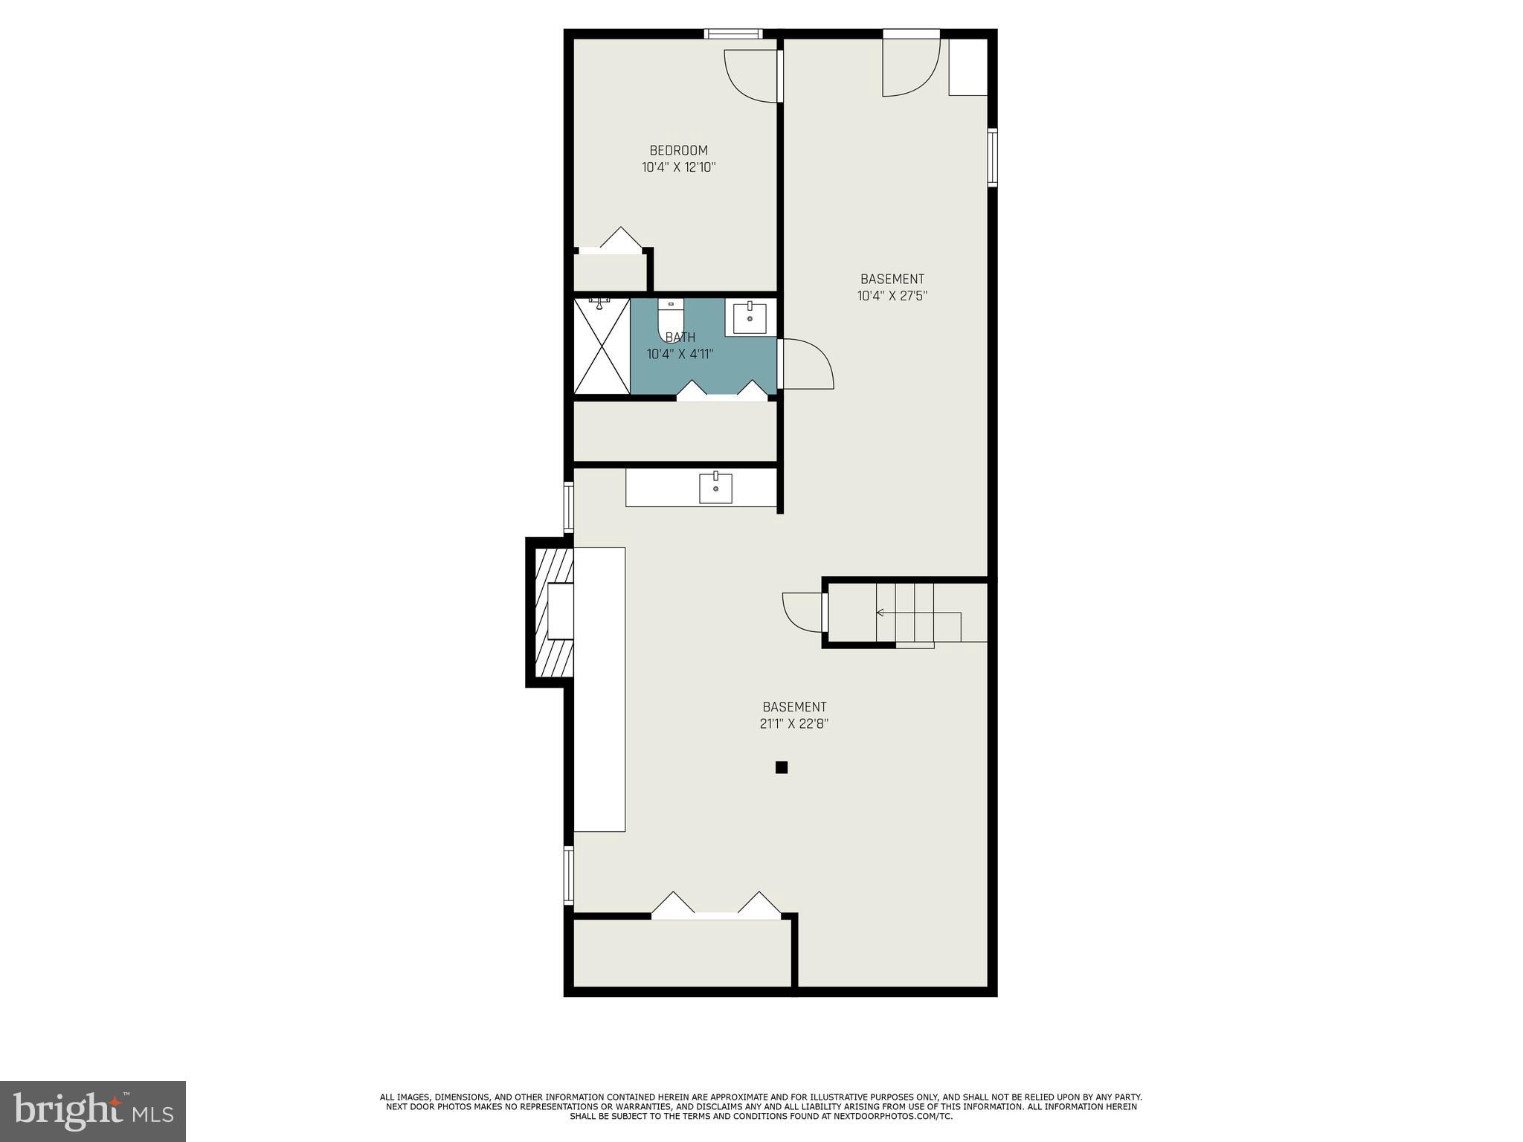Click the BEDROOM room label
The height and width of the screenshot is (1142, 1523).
click(678, 150)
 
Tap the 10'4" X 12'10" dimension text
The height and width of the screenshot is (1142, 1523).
click(678, 167)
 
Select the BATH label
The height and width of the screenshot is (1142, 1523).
click(680, 338)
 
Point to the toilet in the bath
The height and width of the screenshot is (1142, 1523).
click(670, 316)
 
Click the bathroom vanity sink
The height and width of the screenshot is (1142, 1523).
click(750, 319)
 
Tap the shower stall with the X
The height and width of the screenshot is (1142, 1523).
click(602, 346)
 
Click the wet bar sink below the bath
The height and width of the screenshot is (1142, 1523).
click(715, 488)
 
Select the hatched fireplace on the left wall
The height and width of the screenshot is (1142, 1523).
click(550, 612)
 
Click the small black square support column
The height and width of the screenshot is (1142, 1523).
click(781, 767)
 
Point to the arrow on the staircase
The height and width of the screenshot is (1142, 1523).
click(881, 613)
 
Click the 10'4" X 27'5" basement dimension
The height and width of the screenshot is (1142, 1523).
click(892, 296)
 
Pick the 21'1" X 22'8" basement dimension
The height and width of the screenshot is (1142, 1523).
click(793, 723)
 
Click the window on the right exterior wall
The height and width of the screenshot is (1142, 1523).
click(992, 157)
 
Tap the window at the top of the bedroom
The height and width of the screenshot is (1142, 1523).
click(733, 33)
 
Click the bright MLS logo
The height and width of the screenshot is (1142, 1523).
click(93, 1112)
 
